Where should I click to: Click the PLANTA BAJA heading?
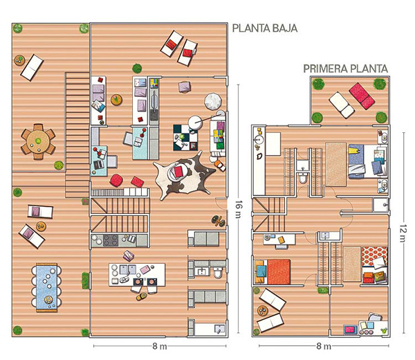pyautogui.click(x=265, y=28)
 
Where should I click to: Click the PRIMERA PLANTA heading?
pyautogui.click(x=345, y=69)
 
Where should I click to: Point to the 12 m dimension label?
pyautogui.click(x=403, y=233)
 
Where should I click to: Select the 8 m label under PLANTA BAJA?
pyautogui.click(x=160, y=346)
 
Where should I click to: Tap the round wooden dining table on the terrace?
pyautogui.click(x=38, y=142)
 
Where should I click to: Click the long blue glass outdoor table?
pyautogui.click(x=47, y=287)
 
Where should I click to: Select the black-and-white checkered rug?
pyautogui.click(x=185, y=138)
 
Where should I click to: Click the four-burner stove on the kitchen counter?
pyautogui.click(x=111, y=240)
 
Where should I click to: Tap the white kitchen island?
pyautogui.click(x=137, y=275)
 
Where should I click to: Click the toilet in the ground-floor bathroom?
pyautogui.click(x=218, y=273)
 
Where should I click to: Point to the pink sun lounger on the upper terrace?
pyautogui.click(x=362, y=96)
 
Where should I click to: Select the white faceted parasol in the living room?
pyautogui.click(x=213, y=101)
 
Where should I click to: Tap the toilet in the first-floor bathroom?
pyautogui.click(x=302, y=177)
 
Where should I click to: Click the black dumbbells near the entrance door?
pyautogui.click(x=218, y=221)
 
